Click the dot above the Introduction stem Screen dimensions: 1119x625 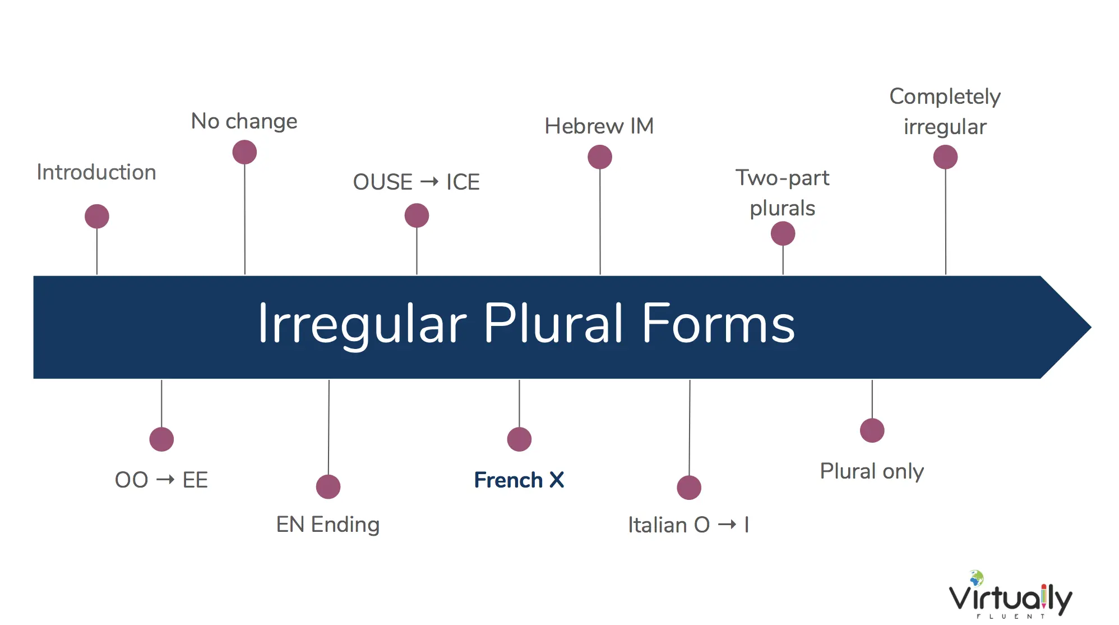pos(97,217)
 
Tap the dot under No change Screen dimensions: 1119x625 pos(244,152)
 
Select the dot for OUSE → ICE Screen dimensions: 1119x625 pos(417,215)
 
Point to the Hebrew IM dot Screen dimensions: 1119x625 pos(600,157)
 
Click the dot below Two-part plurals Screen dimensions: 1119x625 pos(783,233)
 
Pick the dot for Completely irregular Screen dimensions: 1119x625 pos(945,157)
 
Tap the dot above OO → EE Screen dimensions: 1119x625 pos(161,439)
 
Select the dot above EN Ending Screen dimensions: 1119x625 pos(328,487)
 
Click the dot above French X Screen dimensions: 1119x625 pos(519,439)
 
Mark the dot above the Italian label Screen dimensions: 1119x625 pos(689,488)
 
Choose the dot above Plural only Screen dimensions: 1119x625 pos(872,430)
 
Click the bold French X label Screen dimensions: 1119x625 pos(519,480)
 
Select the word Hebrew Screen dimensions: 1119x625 pos(584,126)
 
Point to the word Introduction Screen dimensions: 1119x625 pos(96,172)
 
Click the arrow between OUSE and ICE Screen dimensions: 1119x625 pos(429,182)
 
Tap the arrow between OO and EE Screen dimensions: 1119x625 pos(165,480)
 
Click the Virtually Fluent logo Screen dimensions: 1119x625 pos(1010,595)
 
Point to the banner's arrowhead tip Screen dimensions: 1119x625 pos(1090,327)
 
